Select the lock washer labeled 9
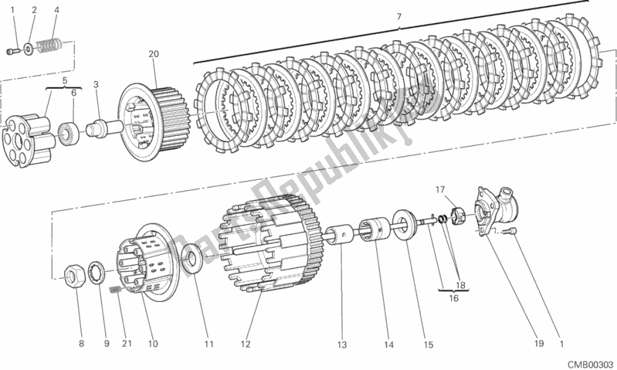pos(96,272)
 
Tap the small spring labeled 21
pos(115,290)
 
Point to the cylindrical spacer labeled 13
pos(339,235)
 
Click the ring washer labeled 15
pos(405,225)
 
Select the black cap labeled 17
pos(458,217)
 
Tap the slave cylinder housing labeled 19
pos(496,209)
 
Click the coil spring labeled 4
pos(49,45)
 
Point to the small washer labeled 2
pos(29,49)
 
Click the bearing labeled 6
pos(69,134)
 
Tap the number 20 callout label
pos(154,53)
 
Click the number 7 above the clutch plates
pos(399,16)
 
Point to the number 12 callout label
pos(245,344)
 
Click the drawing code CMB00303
pos(591,364)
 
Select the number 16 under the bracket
pos(454,298)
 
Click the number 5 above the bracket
pos(65,80)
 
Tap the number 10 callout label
pos(153,344)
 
